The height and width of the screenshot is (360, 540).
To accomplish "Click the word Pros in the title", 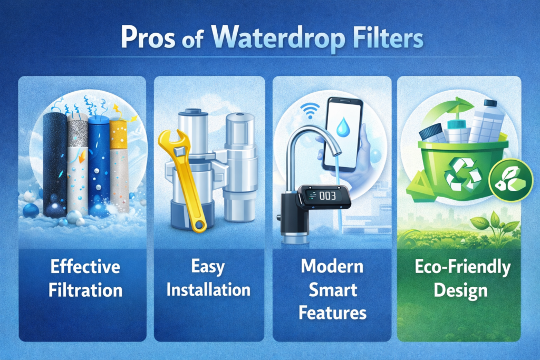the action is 148,37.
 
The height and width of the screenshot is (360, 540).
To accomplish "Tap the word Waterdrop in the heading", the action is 277,38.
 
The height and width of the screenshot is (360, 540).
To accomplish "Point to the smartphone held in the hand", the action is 342,134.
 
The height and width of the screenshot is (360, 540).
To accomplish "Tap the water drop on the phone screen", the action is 343,127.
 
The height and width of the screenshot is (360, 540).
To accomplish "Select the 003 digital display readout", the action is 327,196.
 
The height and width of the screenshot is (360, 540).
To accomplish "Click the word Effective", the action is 85,267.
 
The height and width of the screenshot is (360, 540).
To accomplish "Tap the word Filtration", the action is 85,290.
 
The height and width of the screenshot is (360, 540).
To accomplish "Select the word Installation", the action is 208,289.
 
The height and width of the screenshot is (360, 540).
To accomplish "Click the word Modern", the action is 332,266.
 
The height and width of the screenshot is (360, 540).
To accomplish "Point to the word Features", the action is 332,313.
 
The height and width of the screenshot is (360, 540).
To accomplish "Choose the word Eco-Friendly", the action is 462,267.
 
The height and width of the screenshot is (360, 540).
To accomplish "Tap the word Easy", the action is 208,267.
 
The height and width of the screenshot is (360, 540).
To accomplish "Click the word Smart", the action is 333,290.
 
